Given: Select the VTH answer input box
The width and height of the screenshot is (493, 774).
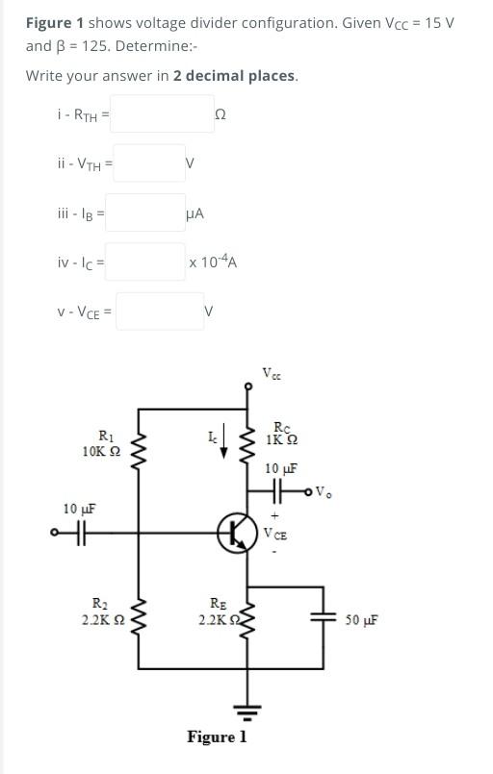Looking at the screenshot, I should [x=149, y=163].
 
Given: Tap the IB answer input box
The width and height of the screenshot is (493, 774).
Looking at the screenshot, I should [x=144, y=212].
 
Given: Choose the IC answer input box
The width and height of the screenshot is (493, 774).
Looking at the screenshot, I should [x=144, y=262].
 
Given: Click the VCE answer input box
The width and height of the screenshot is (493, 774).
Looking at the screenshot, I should [x=160, y=311].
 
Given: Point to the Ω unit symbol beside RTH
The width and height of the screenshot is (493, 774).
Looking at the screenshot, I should [x=221, y=114].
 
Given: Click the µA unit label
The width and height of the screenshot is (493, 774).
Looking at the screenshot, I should [x=194, y=212].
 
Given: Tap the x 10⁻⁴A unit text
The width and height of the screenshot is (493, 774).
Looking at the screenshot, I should [x=214, y=262].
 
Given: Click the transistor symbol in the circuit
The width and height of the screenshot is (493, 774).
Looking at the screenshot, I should [x=234, y=532].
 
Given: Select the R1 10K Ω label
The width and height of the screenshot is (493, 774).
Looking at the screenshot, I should [x=101, y=444].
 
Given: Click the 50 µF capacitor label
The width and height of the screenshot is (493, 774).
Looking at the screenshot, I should [x=361, y=620].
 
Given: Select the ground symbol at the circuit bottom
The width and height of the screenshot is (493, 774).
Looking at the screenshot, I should [x=247, y=712].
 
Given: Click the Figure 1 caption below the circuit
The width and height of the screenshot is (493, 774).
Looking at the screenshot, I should [x=217, y=737].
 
